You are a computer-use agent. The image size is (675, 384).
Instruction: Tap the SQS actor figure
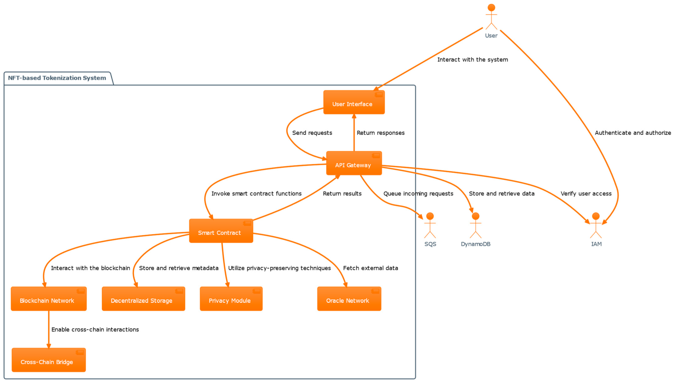tap(430, 225)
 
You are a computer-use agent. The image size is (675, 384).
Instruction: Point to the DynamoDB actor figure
tap(475, 225)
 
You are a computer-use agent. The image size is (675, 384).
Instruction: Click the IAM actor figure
tap(596, 225)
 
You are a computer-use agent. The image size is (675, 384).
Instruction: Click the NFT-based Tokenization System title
tap(57, 78)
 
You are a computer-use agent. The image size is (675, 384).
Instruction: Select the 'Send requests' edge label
tap(312, 133)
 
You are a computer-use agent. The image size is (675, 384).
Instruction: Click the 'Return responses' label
tap(380, 133)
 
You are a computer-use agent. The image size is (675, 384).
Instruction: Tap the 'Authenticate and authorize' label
tap(633, 133)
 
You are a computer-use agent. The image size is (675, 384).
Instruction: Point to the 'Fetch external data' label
tap(370, 268)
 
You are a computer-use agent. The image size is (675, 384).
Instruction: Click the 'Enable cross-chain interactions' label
tap(95, 330)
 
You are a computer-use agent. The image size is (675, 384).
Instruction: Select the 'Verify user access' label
tap(586, 194)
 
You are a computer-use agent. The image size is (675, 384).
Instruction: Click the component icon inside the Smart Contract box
tap(247, 223)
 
